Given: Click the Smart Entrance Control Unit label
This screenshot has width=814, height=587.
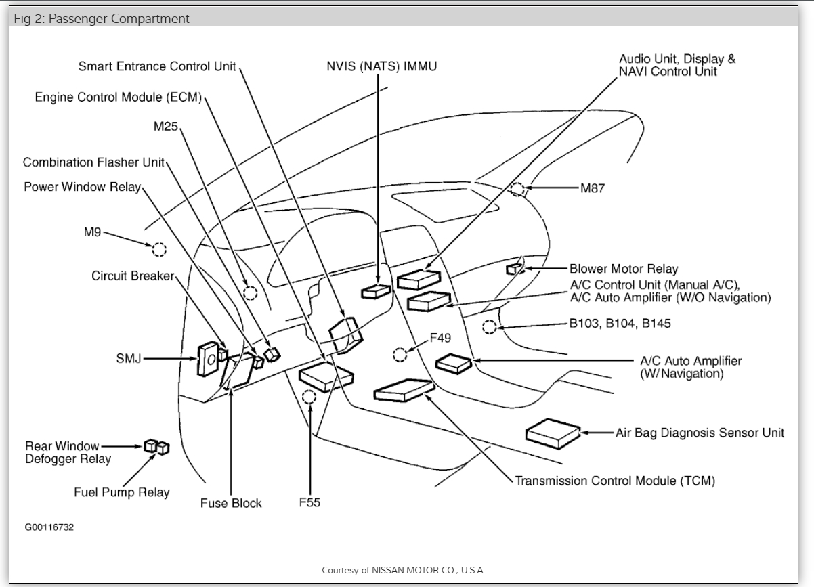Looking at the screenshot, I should click(x=157, y=66).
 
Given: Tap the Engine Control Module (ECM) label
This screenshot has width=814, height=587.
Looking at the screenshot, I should click(x=119, y=97).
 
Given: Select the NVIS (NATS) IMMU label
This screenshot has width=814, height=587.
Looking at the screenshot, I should click(x=379, y=66).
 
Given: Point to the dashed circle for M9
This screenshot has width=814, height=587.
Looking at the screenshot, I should click(x=159, y=250).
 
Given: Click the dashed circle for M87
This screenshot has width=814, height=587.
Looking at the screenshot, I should click(x=518, y=189).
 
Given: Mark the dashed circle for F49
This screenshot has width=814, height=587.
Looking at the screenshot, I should click(x=400, y=354).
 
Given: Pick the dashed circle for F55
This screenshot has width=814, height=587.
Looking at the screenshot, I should click(x=309, y=397).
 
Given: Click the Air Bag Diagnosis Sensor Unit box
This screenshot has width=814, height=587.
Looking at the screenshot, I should click(x=553, y=431).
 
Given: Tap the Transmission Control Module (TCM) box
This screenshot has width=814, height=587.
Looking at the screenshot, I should click(x=403, y=391).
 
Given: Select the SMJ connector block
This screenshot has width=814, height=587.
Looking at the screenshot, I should click(x=208, y=358).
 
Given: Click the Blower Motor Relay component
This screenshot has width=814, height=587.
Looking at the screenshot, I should click(x=513, y=269).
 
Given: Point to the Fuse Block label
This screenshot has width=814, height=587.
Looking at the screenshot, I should click(x=231, y=504).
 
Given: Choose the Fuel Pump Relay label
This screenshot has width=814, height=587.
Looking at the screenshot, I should click(x=122, y=492).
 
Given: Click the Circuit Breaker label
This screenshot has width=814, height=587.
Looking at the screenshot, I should click(x=133, y=276).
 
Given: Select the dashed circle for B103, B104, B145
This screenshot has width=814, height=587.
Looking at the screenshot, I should click(x=490, y=328).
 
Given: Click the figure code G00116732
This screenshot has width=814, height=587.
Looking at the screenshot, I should click(x=49, y=527).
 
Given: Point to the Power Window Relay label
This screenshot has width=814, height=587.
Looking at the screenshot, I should click(x=83, y=187).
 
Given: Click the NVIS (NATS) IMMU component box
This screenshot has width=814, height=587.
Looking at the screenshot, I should click(x=376, y=291).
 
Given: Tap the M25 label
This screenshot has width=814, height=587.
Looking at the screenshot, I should click(x=166, y=127).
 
